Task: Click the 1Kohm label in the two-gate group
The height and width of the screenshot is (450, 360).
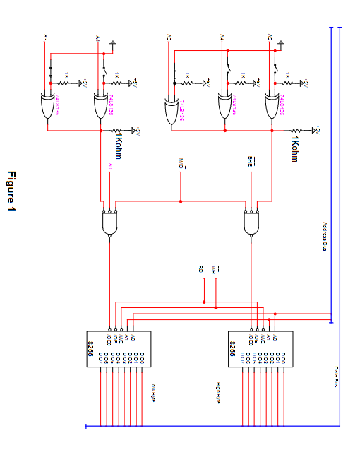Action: coord(118,144)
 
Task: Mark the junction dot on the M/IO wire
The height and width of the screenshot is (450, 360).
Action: coord(181,201)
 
